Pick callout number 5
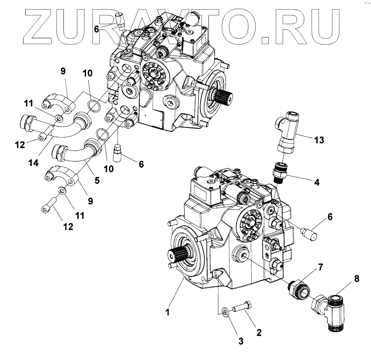click(x=97, y=180)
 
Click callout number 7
click(x=321, y=267)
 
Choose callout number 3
click(x=241, y=340)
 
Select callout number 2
click(x=258, y=331)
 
